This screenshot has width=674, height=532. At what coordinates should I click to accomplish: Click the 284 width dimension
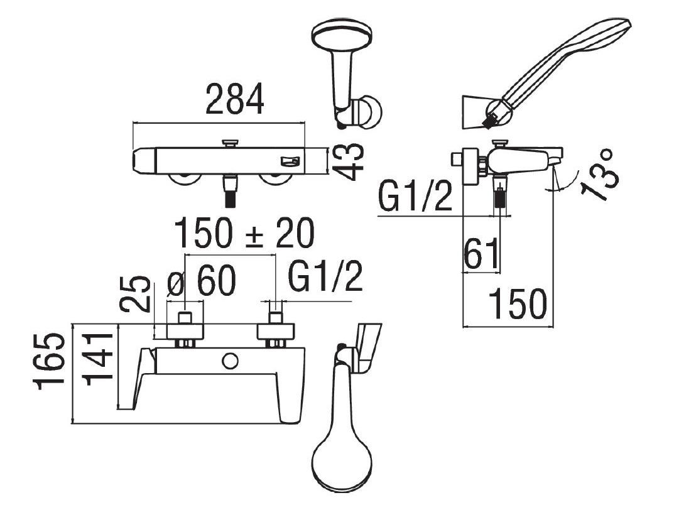pyautogui.click(x=234, y=99)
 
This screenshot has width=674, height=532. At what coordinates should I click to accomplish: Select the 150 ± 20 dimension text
pyautogui.click(x=244, y=234)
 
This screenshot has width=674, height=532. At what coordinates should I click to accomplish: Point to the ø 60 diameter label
pyautogui.click(x=201, y=280)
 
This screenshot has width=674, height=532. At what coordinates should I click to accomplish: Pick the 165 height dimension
pyautogui.click(x=50, y=361)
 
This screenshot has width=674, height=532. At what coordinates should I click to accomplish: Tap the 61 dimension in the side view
pyautogui.click(x=481, y=254)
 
